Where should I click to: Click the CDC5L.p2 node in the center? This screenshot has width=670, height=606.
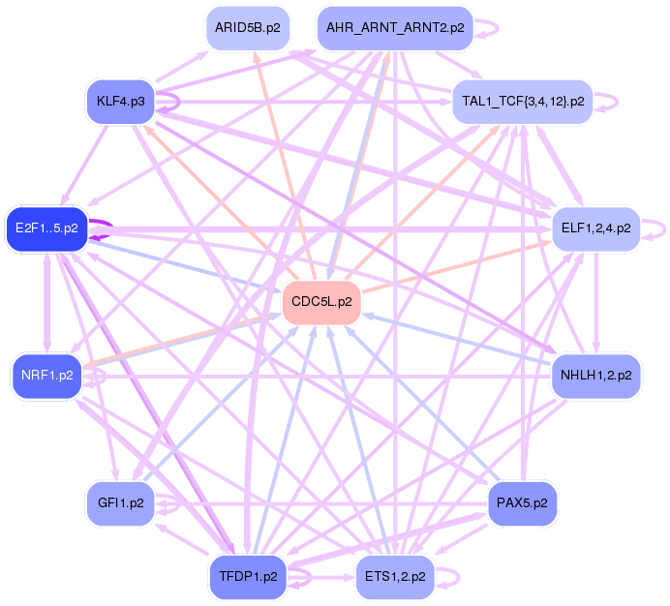(x=320, y=303)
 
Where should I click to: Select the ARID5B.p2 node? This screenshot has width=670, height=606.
(x=247, y=28)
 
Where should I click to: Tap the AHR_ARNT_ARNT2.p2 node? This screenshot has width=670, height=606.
(x=394, y=28)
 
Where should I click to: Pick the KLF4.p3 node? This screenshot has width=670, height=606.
(x=120, y=101)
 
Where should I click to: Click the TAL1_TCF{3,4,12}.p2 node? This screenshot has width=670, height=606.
(x=521, y=101)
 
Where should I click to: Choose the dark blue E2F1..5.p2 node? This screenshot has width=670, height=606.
(x=46, y=228)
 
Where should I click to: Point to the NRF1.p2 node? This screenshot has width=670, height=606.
(x=46, y=375)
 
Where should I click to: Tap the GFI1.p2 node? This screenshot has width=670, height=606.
(x=120, y=503)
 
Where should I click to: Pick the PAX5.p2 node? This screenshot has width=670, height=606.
(x=521, y=503)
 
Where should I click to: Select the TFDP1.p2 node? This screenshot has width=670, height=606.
(x=247, y=577)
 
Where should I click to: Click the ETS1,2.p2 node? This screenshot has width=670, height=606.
(x=394, y=577)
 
